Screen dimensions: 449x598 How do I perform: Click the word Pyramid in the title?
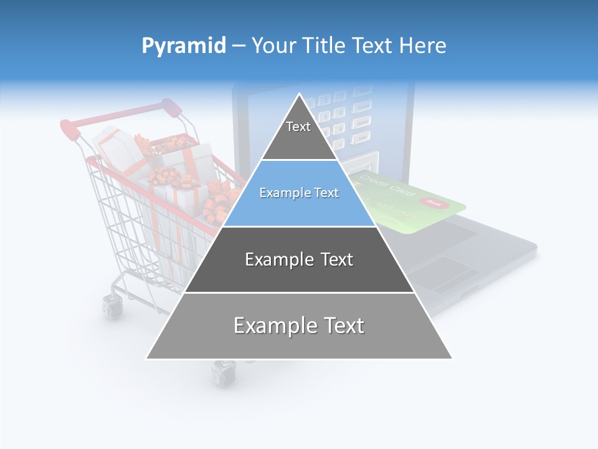coord(183,46)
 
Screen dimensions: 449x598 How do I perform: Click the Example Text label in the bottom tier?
coord(299,326)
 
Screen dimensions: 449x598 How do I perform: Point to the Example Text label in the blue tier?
coord(299,193)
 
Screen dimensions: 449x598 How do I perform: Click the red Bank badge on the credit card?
coord(434,203)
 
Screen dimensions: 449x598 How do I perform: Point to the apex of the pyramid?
coord(300,95)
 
